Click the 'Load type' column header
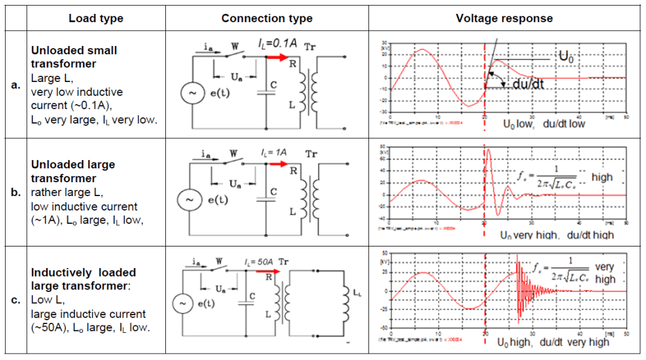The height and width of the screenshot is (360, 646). pyautogui.click(x=96, y=18)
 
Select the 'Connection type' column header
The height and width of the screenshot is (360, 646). pyautogui.click(x=267, y=18)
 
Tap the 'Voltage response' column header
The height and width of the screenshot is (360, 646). pyautogui.click(x=504, y=18)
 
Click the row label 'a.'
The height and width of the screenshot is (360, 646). pyautogui.click(x=16, y=85)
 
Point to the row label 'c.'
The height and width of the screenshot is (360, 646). pyautogui.click(x=16, y=299)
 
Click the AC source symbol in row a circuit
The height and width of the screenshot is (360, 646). pyautogui.click(x=191, y=93)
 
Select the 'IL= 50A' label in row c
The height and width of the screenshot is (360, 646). pyautogui.click(x=260, y=262)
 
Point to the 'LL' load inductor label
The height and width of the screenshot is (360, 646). pyautogui.click(x=358, y=293)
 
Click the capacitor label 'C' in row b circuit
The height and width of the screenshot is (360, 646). pyautogui.click(x=273, y=191)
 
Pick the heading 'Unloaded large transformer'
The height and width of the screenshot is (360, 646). pyautogui.click(x=73, y=171)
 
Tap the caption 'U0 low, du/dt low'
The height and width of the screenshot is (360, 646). pyautogui.click(x=543, y=124)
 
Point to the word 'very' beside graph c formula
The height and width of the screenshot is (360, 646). pyautogui.click(x=604, y=267)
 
